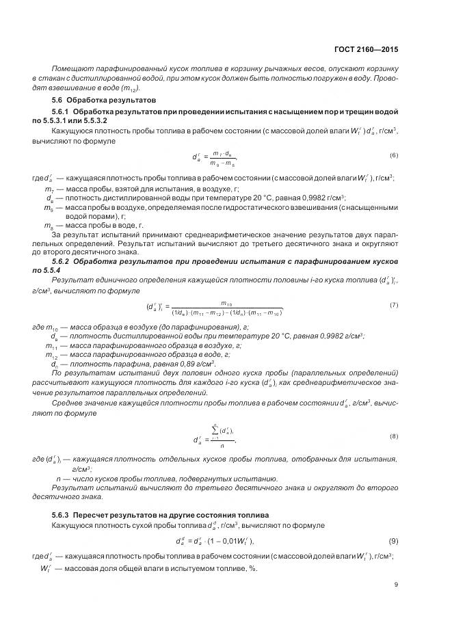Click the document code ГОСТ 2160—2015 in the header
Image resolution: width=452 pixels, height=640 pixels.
(x=367, y=50)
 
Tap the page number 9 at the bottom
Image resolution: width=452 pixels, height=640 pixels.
(x=396, y=585)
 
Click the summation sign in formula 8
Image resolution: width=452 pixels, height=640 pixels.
(x=214, y=430)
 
